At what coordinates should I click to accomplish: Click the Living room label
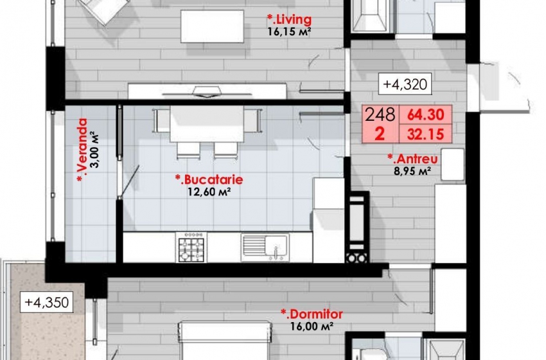(x=289, y=19)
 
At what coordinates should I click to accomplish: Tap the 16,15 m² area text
(x=289, y=32)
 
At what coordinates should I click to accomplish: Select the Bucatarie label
(x=209, y=179)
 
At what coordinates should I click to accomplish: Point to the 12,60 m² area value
(x=209, y=192)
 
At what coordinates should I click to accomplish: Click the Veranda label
(x=82, y=150)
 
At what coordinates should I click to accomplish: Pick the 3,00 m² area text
(x=94, y=150)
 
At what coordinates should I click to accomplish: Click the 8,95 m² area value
(x=412, y=171)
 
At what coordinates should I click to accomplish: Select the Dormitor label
(x=312, y=314)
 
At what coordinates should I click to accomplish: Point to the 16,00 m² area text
(x=312, y=326)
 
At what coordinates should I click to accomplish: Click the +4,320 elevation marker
(x=405, y=84)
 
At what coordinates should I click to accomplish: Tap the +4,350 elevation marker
(x=47, y=302)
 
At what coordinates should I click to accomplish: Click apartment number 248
(x=380, y=114)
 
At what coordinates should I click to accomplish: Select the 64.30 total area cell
(x=425, y=114)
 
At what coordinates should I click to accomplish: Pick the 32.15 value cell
(x=425, y=134)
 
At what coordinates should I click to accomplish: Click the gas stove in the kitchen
(x=191, y=247)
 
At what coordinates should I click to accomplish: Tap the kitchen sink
(x=265, y=247)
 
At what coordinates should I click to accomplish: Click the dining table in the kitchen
(x=207, y=123)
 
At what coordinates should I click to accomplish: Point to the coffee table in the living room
(x=212, y=26)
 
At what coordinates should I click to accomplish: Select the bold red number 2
(x=380, y=134)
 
